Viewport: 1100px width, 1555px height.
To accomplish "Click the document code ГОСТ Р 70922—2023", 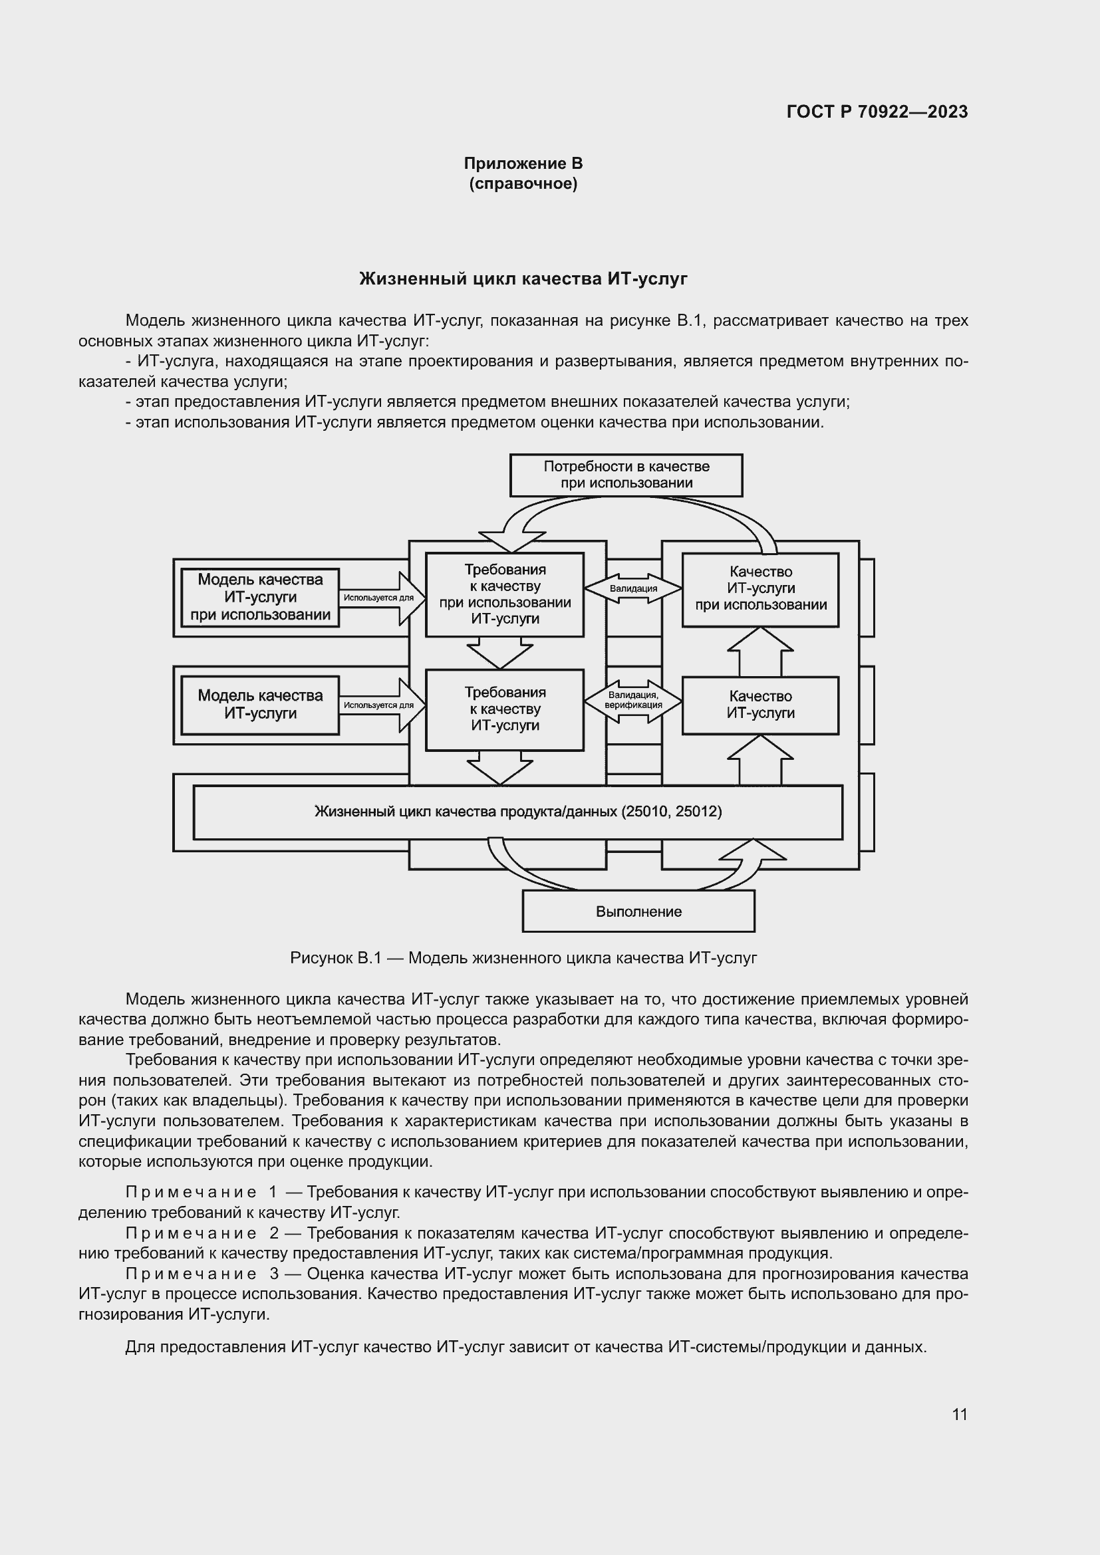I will [877, 112].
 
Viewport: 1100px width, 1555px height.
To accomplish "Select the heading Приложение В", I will [523, 164].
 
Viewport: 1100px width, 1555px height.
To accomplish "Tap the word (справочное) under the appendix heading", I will [523, 184].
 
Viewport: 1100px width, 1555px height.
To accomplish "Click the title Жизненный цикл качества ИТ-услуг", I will [523, 279].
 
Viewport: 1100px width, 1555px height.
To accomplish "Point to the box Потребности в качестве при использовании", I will [626, 475].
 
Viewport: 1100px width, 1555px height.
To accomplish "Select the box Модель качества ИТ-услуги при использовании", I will [260, 598].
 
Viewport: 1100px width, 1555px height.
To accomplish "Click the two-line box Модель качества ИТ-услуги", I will [260, 704].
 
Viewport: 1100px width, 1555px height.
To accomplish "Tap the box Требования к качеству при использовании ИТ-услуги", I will [505, 594].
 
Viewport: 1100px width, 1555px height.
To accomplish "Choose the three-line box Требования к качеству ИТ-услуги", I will [505, 709].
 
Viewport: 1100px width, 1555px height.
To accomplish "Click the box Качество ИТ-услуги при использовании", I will [760, 588].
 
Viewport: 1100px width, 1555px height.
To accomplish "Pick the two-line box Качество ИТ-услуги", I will [760, 704].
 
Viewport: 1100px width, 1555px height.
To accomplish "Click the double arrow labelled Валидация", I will [632, 588].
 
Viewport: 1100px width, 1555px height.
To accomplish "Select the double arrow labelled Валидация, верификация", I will [632, 700].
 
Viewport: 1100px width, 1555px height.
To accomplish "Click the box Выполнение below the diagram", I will [638, 911].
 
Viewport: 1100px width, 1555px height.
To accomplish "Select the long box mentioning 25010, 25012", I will [517, 811].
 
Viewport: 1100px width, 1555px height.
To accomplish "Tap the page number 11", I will [959, 1414].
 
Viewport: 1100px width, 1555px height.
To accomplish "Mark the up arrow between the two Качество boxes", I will [760, 652].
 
